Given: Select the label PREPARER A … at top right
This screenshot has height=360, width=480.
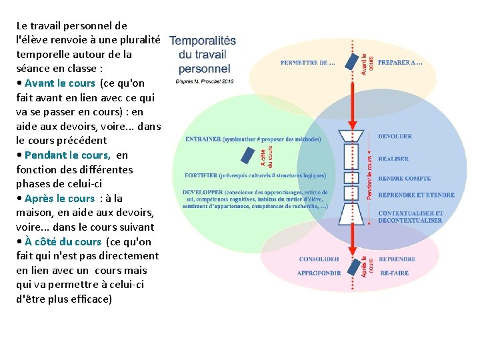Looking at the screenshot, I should point(400,63).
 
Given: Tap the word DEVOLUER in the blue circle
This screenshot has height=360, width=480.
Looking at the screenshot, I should point(395,137).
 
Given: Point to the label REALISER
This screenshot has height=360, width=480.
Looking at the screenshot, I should point(393,159).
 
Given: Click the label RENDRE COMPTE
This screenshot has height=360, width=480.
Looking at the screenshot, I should point(404,179).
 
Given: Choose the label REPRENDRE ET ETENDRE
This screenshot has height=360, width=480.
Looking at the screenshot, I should point(416,195).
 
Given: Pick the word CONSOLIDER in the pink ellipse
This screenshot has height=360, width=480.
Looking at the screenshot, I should point(319,259).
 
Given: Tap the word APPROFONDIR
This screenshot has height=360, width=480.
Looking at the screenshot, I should point(319,273).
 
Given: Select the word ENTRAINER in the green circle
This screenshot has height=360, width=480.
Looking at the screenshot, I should point(203,139).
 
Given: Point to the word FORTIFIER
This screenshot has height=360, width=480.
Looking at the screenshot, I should point(201,176).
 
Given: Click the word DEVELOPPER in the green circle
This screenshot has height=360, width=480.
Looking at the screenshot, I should point(203,192).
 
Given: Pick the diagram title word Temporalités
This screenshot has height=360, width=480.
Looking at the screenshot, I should point(203,41).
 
